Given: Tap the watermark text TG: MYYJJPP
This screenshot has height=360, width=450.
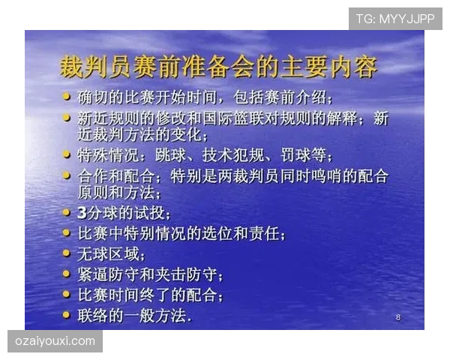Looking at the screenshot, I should [395, 18].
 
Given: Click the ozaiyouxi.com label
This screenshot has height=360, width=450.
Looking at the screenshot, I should [55, 342].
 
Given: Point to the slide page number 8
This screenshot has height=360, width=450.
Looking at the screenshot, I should [397, 318].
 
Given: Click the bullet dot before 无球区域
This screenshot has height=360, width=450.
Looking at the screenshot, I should [67, 253].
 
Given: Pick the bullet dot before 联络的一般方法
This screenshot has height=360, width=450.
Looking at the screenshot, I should [67, 314].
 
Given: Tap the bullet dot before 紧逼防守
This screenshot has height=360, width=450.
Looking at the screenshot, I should [67, 273].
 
